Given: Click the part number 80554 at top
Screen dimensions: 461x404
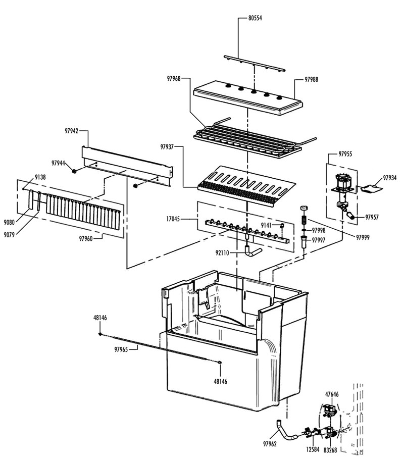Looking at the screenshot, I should click(255, 18).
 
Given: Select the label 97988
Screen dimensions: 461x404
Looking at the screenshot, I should click(312, 80).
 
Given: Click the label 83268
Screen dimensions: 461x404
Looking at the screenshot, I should click(331, 449).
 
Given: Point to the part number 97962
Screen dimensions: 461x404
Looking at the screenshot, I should click(270, 444).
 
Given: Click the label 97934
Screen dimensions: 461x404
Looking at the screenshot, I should click(390, 178).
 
